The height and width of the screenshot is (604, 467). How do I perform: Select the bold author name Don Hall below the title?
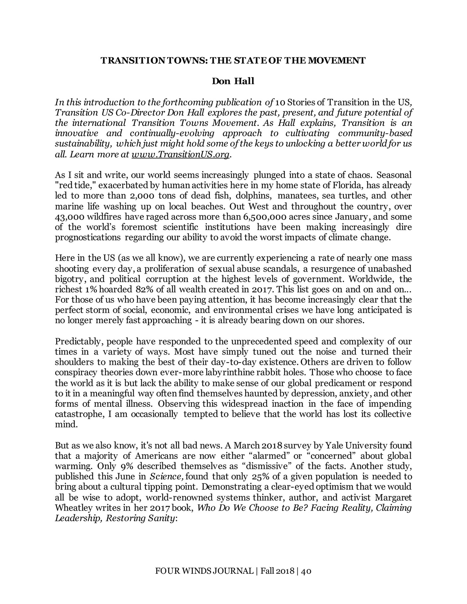(233, 81)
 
